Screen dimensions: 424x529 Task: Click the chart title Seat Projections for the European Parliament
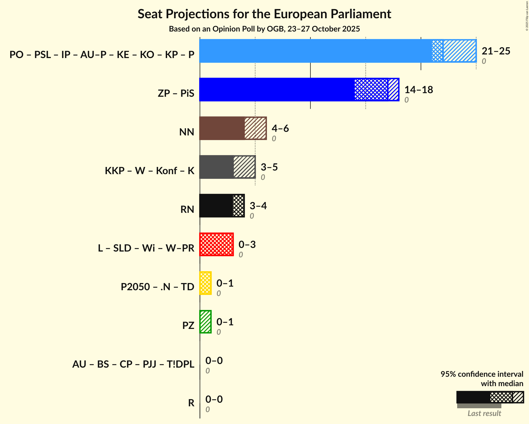(x=264, y=14)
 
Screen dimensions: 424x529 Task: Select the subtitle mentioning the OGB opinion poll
(x=264, y=29)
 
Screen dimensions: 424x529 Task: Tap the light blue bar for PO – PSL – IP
(x=315, y=51)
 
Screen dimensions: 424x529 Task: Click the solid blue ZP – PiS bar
(x=276, y=90)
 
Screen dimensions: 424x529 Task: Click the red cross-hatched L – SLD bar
(x=217, y=244)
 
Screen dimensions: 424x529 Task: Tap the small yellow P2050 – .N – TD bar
(x=206, y=283)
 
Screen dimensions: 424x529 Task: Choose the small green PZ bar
(x=206, y=322)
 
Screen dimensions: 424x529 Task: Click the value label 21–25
(x=496, y=51)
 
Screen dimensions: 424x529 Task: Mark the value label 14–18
(x=419, y=90)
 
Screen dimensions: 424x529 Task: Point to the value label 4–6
(x=280, y=129)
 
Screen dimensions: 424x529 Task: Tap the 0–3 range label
(x=247, y=245)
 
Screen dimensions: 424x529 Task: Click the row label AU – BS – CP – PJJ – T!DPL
(x=133, y=364)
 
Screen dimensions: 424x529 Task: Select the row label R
(x=191, y=403)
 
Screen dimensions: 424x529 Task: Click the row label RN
(x=187, y=209)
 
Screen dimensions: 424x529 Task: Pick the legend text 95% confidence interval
(x=482, y=374)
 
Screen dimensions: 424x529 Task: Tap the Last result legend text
(x=484, y=413)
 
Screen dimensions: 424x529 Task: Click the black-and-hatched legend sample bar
(x=490, y=397)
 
